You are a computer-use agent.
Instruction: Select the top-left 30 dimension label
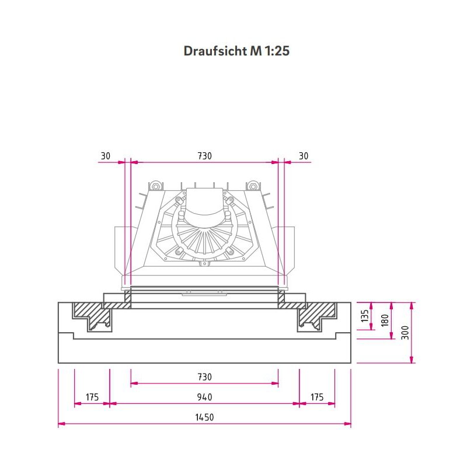pyautogui.click(x=105, y=156)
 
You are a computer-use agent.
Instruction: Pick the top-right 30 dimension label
pyautogui.click(x=304, y=156)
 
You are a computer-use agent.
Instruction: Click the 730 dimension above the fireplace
pyautogui.click(x=204, y=156)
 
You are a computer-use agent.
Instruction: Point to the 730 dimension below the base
pyautogui.click(x=204, y=377)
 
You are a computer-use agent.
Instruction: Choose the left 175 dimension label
pyautogui.click(x=92, y=397)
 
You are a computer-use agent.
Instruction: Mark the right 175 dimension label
pyautogui.click(x=317, y=397)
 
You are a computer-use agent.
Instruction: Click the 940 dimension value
pyautogui.click(x=204, y=397)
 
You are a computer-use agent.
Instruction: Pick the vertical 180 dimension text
pyautogui.click(x=385, y=320)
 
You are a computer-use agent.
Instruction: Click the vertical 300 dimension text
pyautogui.click(x=405, y=333)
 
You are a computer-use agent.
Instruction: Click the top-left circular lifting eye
pyautogui.click(x=155, y=186)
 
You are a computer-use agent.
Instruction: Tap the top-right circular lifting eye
pyautogui.click(x=253, y=186)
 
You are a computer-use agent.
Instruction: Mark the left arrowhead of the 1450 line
pyautogui.click(x=61, y=424)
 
